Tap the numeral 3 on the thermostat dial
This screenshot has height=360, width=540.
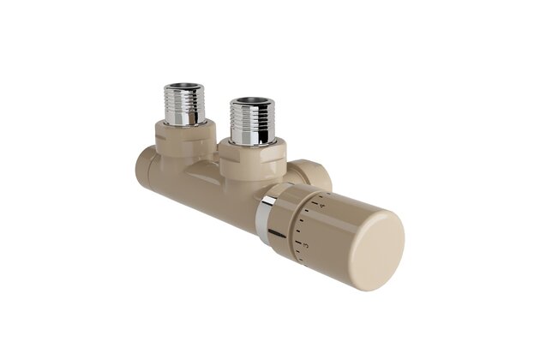(x=305, y=246)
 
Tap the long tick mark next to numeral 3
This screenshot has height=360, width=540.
(x=300, y=242)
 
